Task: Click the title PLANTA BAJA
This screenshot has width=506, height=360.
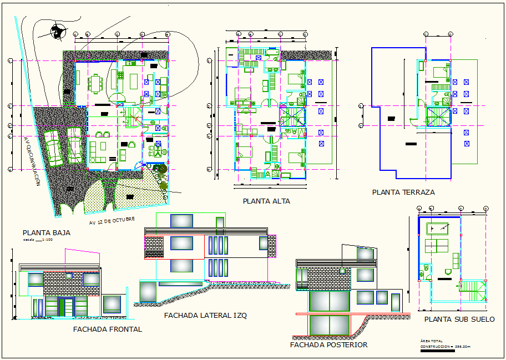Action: click(46, 233)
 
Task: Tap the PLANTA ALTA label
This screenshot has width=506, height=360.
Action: click(266, 201)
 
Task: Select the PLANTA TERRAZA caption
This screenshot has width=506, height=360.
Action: click(403, 192)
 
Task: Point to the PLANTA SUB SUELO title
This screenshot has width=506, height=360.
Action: click(459, 320)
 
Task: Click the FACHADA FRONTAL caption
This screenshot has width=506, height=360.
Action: click(108, 329)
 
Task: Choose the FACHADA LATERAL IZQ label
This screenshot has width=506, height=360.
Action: click(205, 315)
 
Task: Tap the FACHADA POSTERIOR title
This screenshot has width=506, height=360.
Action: click(328, 344)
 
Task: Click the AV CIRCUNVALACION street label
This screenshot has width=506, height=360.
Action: click(31, 160)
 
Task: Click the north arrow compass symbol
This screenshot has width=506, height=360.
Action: click(56, 33)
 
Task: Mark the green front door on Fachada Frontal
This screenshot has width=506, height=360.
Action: click(67, 307)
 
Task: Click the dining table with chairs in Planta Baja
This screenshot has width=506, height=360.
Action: click(98, 84)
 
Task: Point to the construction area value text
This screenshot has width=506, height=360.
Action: click(444, 347)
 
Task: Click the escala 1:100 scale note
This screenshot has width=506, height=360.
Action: click(38, 241)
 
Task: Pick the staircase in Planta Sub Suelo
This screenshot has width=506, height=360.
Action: click(473, 291)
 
